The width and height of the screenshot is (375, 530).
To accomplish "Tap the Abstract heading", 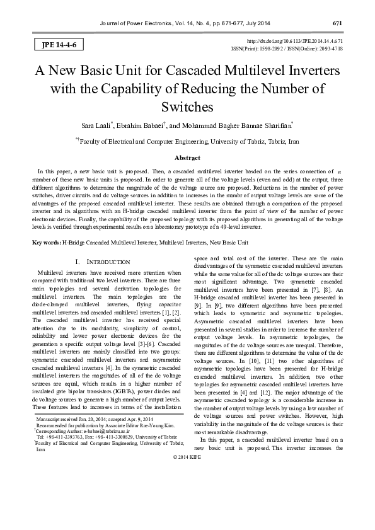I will point(187,158).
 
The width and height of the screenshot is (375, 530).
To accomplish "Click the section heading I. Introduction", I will point(103,261).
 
